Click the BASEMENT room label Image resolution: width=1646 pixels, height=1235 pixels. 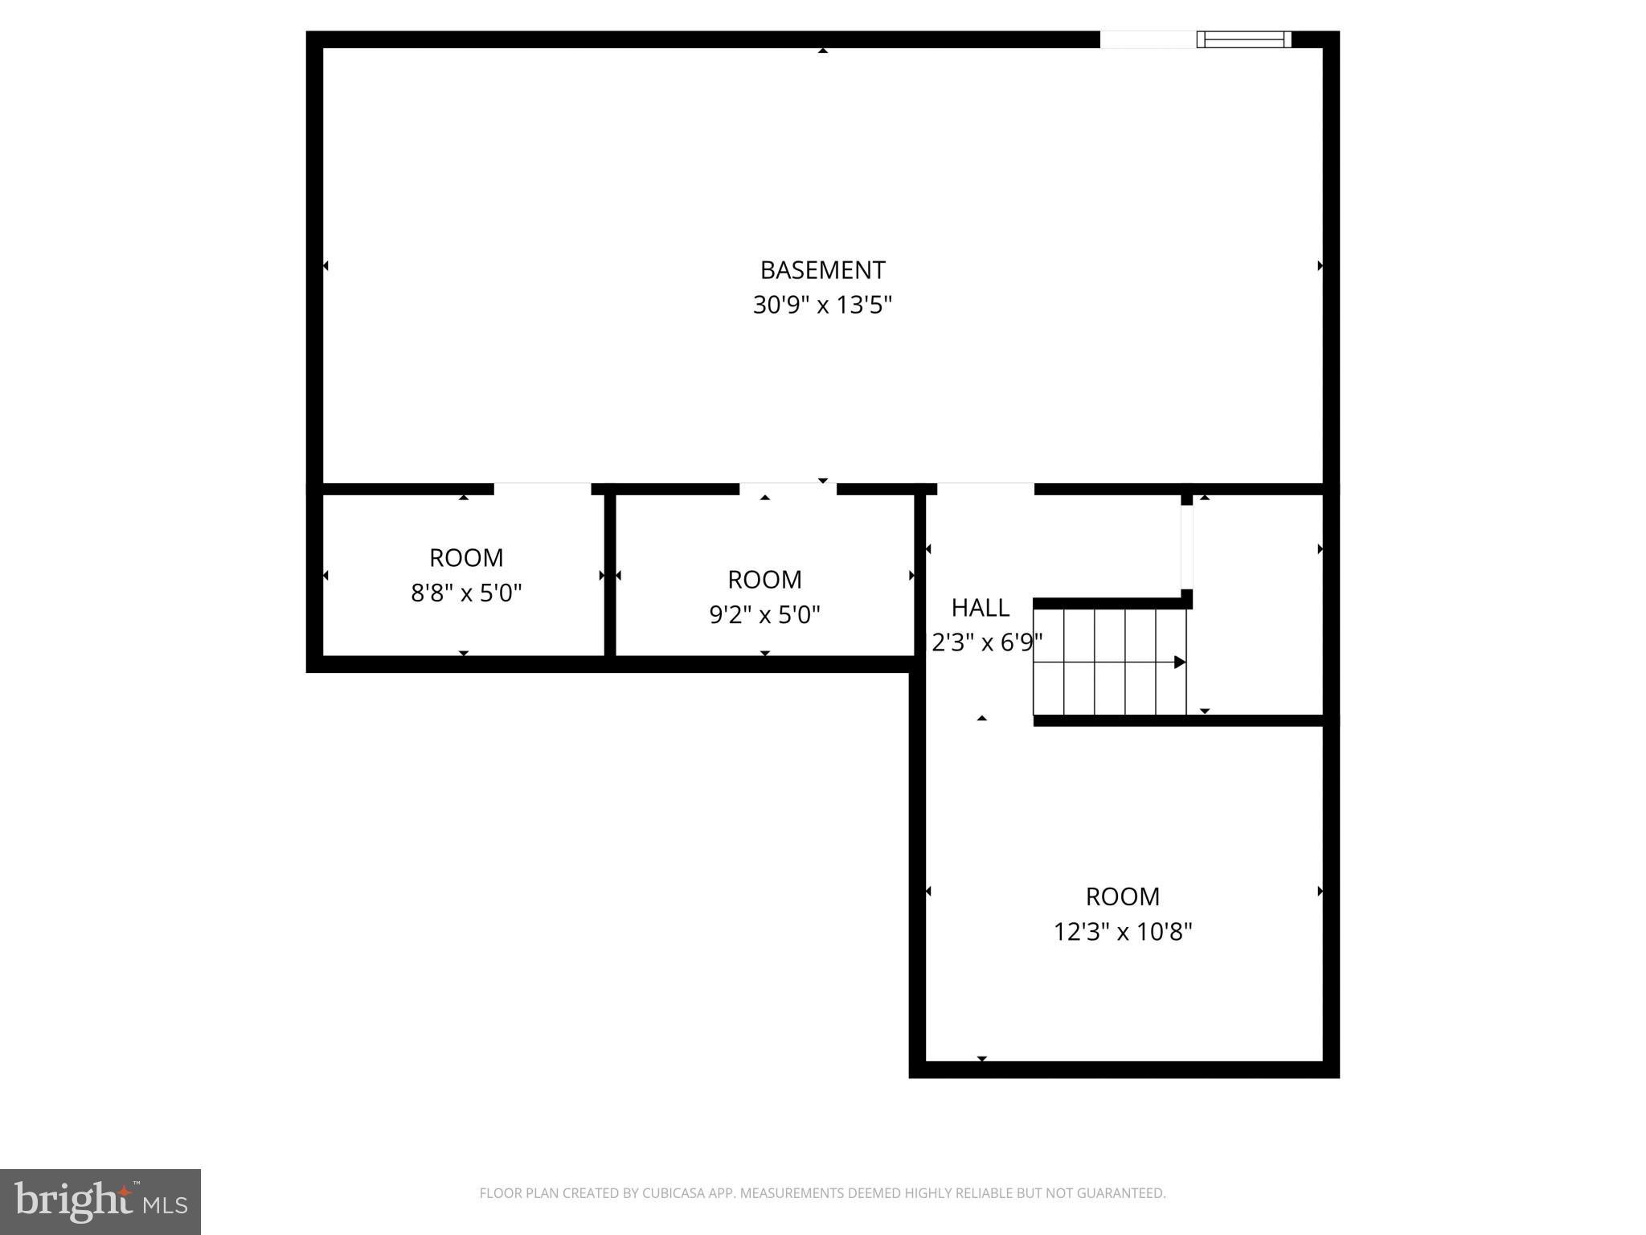(x=822, y=269)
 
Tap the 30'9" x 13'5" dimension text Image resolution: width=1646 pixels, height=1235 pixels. (x=822, y=306)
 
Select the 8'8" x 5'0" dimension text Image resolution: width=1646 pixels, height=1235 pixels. (x=466, y=593)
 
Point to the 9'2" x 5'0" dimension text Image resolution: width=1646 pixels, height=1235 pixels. (x=764, y=615)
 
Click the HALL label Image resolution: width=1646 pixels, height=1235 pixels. (x=981, y=608)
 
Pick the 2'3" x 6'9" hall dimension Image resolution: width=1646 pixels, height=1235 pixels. (x=987, y=643)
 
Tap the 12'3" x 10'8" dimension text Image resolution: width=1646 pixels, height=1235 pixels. (x=1123, y=932)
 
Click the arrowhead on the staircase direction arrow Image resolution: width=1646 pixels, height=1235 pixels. (x=1180, y=663)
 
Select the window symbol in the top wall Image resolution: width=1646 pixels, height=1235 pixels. (x=1244, y=39)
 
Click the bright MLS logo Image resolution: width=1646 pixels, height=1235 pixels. (x=100, y=1202)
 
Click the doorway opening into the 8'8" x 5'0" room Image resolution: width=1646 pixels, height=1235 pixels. (x=543, y=489)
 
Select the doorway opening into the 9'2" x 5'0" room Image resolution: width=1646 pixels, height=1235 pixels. (x=788, y=489)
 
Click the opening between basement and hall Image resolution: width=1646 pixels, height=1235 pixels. (x=985, y=489)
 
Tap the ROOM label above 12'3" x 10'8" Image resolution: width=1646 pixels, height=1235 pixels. (x=1123, y=897)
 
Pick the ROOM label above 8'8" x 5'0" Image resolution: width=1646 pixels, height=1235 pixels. (x=466, y=558)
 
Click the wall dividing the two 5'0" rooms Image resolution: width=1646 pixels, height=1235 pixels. (x=610, y=575)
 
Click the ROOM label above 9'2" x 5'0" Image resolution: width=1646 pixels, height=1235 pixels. (x=764, y=580)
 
